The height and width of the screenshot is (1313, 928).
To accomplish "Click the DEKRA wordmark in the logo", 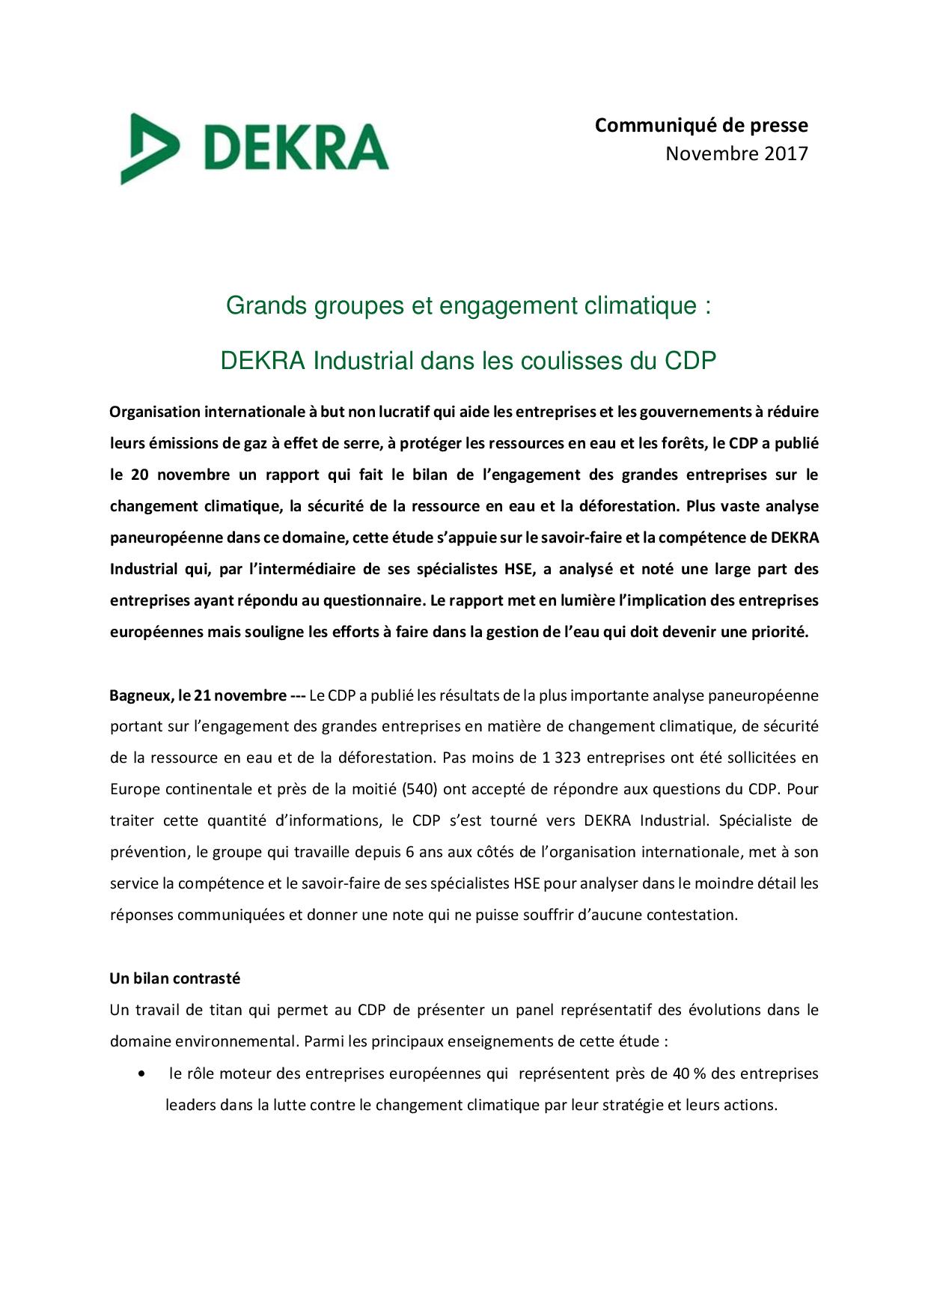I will coord(296,147).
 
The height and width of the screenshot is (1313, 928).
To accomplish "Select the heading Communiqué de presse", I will coord(701,125).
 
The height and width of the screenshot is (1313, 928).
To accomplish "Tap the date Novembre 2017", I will coord(736,153).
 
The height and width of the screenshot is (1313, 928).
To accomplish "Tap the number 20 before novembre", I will coord(140,475).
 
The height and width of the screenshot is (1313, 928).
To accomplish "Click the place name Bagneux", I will coord(141,695).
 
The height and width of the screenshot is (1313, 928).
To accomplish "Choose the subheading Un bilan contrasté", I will coord(175,978).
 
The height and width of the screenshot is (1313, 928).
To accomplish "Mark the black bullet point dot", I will coord(142,1073).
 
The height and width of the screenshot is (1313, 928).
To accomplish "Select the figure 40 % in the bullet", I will coord(689,1073).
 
